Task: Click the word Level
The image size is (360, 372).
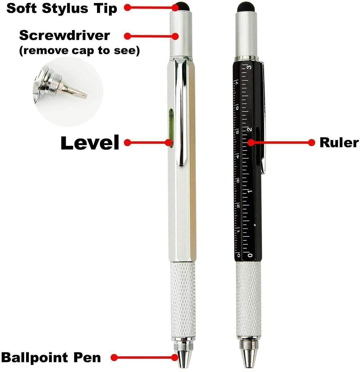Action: tap(90, 143)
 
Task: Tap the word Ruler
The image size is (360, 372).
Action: tap(339, 143)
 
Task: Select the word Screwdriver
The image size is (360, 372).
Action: tap(64, 35)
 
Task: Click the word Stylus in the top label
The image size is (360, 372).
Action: tap(65, 8)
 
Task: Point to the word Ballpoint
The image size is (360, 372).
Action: tap(35, 357)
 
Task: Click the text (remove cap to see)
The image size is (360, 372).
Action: tap(79, 50)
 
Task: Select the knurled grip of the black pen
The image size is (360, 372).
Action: tap(248, 300)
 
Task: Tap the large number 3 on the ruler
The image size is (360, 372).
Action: tap(249, 68)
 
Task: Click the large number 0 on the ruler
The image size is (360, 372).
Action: tap(250, 255)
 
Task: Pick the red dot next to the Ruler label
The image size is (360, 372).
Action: tap(311, 142)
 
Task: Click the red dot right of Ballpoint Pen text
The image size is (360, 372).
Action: tap(114, 357)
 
